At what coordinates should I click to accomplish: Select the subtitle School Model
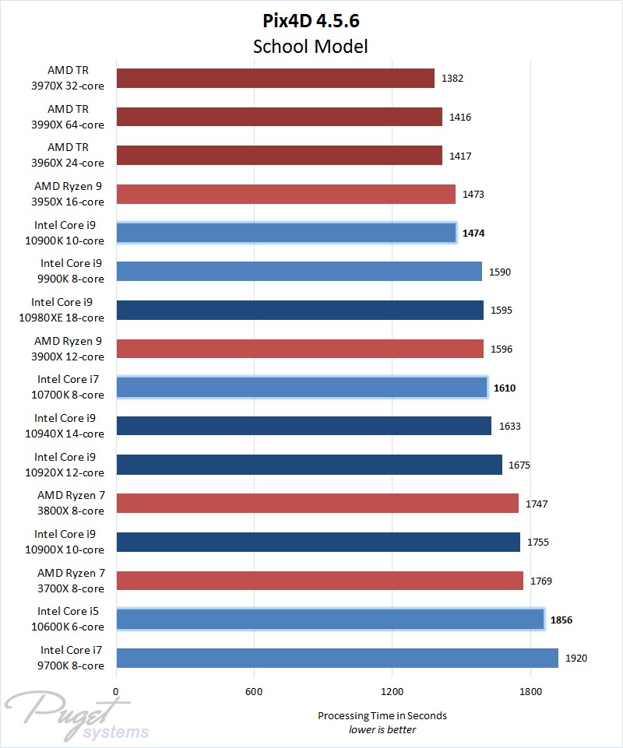pos(311,46)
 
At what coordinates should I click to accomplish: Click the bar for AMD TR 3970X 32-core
pos(275,78)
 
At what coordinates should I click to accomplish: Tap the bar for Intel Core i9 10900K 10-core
pos(286,233)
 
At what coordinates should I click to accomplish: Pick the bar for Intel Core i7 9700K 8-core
pos(337,658)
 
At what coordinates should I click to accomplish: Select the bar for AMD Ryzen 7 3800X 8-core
pos(317,504)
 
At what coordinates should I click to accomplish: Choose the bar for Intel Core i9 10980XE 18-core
pos(300,310)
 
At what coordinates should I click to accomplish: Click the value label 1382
pos(452,79)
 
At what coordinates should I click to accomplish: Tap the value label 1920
pos(576,658)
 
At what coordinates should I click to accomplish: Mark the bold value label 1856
pos(561,620)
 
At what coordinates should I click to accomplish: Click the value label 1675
pos(519,465)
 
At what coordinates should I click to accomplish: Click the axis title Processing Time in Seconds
pos(382,715)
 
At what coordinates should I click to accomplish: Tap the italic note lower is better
pos(382,729)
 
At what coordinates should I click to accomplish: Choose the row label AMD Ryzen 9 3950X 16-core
pos(69,194)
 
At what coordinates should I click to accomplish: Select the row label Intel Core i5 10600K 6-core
pos(70,619)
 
